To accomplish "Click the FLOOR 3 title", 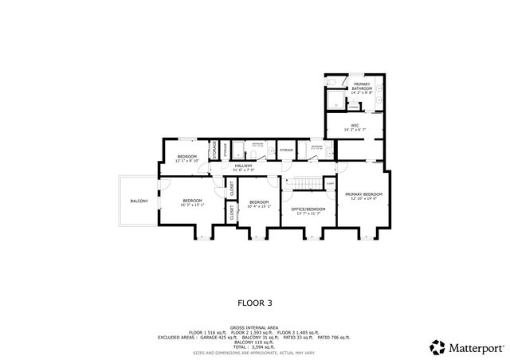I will pos(255,303).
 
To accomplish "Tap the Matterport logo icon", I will pos(437,347).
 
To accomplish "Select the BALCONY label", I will pos(139,201).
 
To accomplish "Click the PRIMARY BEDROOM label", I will pos(363,194).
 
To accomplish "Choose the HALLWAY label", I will pos(243,166).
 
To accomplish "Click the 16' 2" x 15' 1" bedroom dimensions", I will pos(192,205).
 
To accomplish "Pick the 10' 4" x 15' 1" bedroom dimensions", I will pos(258,206).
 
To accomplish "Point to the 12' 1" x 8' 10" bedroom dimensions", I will pos(186,160).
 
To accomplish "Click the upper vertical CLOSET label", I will pos(232,189).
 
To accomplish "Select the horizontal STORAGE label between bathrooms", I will pos(286,150).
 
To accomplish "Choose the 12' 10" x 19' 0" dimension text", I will pos(363,199).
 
